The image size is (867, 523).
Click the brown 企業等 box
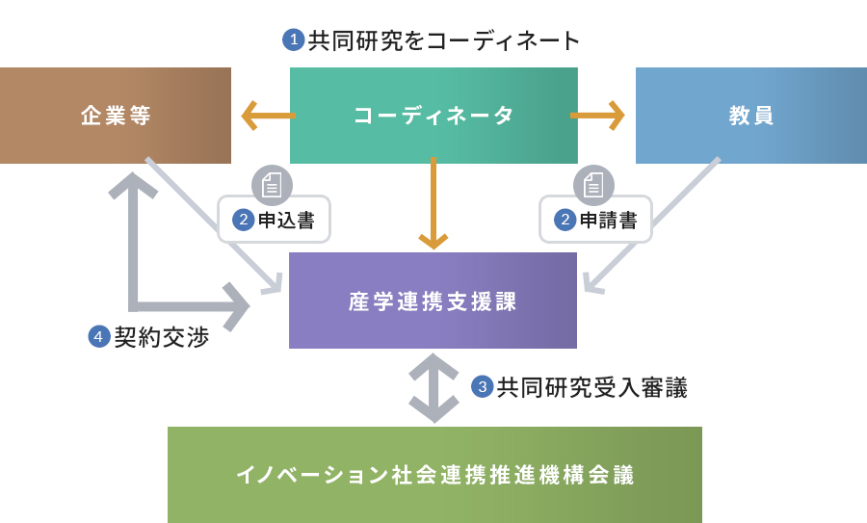coord(115,116)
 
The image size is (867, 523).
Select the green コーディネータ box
coord(433,116)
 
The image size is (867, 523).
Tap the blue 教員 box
coord(750,116)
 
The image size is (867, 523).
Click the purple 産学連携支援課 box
coord(433,301)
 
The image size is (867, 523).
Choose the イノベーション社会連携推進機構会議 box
coord(434,474)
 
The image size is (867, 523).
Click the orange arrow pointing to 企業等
coord(269,116)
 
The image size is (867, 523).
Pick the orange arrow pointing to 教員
coord(597,116)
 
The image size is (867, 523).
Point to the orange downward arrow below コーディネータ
coord(433,203)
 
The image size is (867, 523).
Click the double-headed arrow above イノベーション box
coord(433,388)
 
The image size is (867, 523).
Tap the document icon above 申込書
coord(272,185)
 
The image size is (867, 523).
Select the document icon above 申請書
coord(593,185)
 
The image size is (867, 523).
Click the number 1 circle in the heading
coord(294,39)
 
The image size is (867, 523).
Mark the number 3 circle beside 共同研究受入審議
coord(483,386)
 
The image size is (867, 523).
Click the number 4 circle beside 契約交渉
coord(99,337)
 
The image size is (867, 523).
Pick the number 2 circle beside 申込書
coord(244,220)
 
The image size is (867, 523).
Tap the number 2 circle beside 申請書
coord(565,220)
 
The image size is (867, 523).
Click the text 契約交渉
coord(162,337)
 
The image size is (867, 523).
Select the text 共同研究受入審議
coord(591,387)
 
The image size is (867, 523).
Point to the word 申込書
coord(286,220)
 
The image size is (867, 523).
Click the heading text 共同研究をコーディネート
coord(443,40)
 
